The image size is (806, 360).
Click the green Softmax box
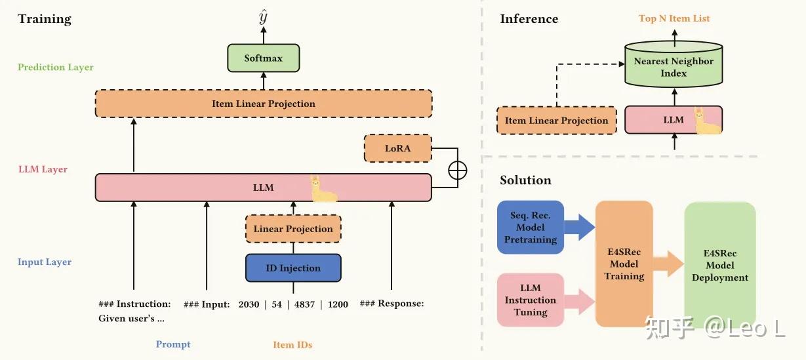tap(264, 58)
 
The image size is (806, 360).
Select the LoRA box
tap(397, 148)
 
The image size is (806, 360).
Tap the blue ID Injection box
tap(293, 268)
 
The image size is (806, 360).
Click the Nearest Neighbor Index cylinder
tap(674, 64)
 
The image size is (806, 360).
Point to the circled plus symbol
tap(458, 170)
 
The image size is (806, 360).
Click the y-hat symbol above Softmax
tap(264, 17)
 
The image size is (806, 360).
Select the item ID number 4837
tap(304, 305)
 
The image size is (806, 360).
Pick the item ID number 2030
tap(249, 305)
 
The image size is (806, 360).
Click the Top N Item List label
tap(674, 18)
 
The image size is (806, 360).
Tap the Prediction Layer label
tap(55, 68)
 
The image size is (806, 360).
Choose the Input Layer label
tap(44, 262)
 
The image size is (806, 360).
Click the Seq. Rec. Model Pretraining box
tap(531, 228)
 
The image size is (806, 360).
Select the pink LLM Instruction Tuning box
tap(531, 300)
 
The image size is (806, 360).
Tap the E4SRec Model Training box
tap(624, 264)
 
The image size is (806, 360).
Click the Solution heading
tap(525, 180)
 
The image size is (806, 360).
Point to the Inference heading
tap(529, 19)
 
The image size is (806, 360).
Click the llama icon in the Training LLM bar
tap(323, 189)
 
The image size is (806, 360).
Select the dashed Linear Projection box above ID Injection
tap(293, 229)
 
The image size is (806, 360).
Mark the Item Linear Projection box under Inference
tap(556, 121)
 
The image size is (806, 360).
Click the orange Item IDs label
tap(292, 345)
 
